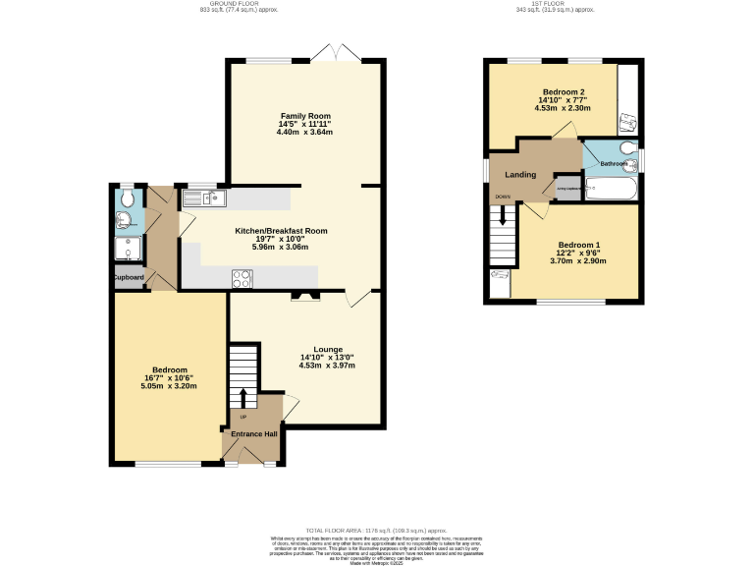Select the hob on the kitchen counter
(241, 278)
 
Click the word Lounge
(327, 349)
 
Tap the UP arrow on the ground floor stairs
(243, 396)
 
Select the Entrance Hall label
(253, 433)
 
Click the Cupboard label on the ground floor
(129, 278)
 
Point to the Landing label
(519, 175)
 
